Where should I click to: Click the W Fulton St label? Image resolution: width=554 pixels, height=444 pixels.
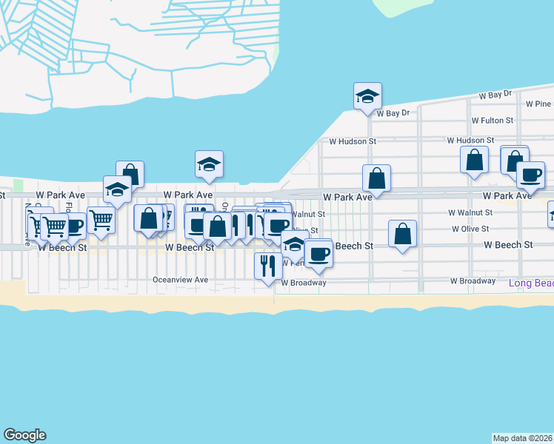pyautogui.click(x=493, y=120)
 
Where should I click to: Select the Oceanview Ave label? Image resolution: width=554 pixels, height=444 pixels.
pyautogui.click(x=180, y=280)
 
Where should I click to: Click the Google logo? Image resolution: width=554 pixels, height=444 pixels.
pyautogui.click(x=24, y=435)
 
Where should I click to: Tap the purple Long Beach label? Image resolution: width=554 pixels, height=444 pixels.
pyautogui.click(x=531, y=283)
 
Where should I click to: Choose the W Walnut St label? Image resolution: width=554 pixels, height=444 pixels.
pyautogui.click(x=471, y=212)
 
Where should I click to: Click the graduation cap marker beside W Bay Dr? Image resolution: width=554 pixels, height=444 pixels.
pyautogui.click(x=367, y=96)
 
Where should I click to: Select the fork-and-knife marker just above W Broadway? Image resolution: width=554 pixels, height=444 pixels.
pyautogui.click(x=267, y=265)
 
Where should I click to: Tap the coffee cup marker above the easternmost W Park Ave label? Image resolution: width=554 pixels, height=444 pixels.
pyautogui.click(x=530, y=175)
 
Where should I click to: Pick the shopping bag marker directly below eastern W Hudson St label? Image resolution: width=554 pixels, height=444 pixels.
pyautogui.click(x=474, y=160)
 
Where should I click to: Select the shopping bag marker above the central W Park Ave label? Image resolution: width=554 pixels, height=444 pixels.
pyautogui.click(x=376, y=178)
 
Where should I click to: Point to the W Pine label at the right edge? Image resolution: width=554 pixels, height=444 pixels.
pyautogui.click(x=539, y=104)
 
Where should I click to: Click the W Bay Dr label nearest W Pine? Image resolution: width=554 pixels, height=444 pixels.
pyautogui.click(x=495, y=95)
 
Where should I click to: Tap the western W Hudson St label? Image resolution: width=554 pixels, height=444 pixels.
pyautogui.click(x=353, y=141)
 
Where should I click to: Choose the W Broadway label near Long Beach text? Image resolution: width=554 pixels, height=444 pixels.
pyautogui.click(x=473, y=281)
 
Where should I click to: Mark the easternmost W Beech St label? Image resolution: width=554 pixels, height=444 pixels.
pyautogui.click(x=508, y=244)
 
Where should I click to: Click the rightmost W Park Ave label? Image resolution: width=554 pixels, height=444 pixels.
pyautogui.click(x=507, y=196)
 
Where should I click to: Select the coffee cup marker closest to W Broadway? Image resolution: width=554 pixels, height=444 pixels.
pyautogui.click(x=318, y=253)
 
